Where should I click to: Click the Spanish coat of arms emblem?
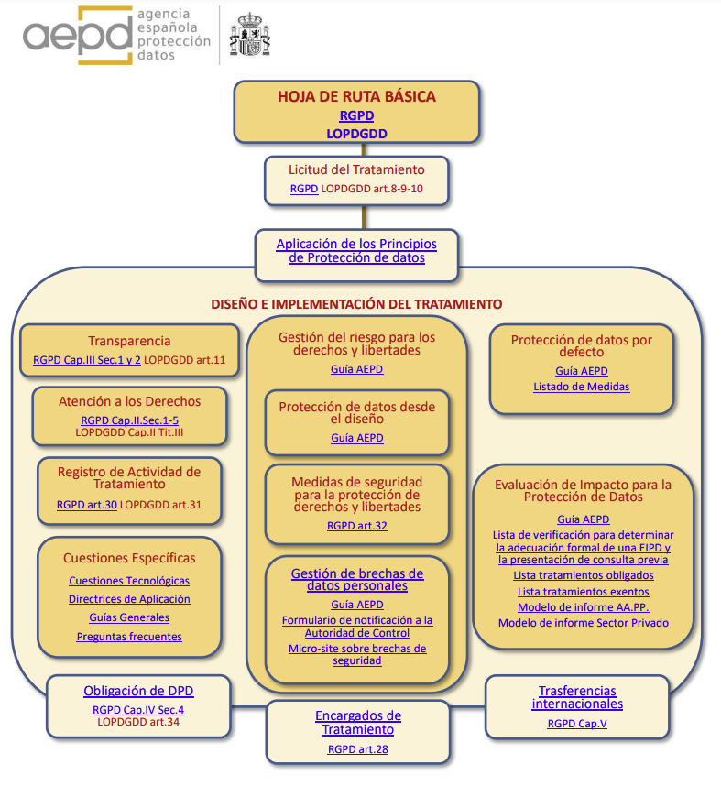point(249,35)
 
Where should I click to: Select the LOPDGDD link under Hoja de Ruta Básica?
point(356,134)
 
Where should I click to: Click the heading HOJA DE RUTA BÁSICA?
point(356,96)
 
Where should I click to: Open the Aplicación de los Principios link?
point(356,251)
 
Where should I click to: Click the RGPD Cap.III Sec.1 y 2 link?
point(87,360)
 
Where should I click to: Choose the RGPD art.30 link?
point(86,504)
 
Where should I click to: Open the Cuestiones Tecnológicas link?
point(129,581)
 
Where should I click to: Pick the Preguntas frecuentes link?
point(129,637)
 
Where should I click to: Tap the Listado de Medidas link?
point(582,387)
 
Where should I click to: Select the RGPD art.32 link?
point(357,526)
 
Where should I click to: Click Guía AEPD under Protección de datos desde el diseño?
point(357,438)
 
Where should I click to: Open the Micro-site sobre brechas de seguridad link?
point(357,654)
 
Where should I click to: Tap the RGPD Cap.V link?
point(577,724)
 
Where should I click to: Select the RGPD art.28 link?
point(358,749)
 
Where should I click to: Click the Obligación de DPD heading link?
point(138,692)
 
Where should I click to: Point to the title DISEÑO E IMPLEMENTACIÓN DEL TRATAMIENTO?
point(356,304)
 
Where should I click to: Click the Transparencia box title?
point(129,341)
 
